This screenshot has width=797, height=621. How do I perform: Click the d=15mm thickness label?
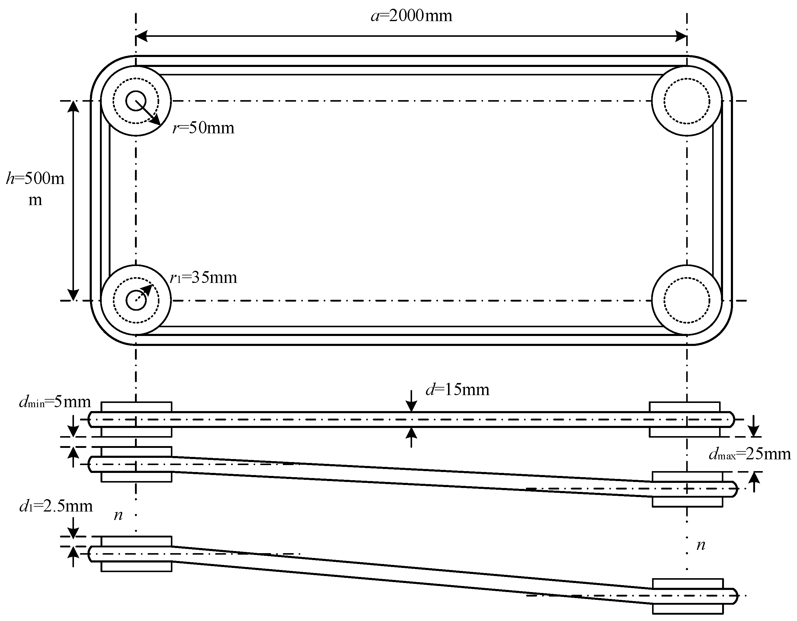click(x=458, y=390)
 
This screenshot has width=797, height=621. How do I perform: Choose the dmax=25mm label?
click(x=749, y=454)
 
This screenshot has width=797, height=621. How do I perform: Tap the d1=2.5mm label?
click(x=56, y=506)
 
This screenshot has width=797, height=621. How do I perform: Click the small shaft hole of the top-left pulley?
click(x=136, y=101)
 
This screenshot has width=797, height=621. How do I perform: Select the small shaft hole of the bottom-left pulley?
click(x=136, y=300)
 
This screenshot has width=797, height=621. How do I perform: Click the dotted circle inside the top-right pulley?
click(x=687, y=101)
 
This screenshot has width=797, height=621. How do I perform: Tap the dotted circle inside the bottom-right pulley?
click(x=687, y=300)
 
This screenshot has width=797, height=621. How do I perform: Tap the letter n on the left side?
click(x=118, y=515)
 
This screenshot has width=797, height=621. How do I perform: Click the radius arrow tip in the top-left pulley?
click(x=157, y=122)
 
